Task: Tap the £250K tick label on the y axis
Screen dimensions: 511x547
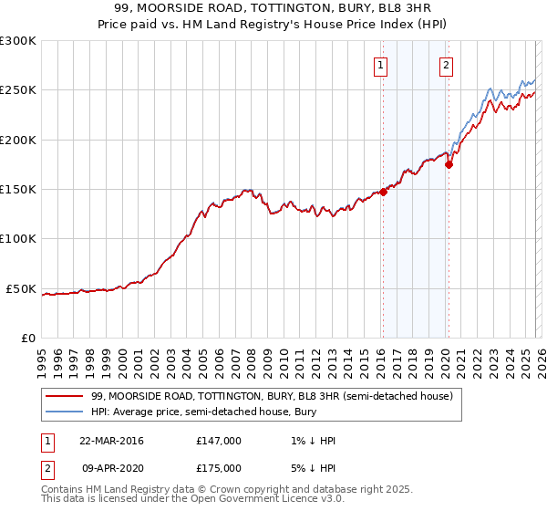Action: point(18,90)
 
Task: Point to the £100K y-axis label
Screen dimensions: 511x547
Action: point(18,239)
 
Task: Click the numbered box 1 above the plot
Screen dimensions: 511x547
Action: point(380,65)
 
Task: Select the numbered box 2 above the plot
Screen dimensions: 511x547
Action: point(447,65)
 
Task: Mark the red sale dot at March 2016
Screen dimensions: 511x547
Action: point(383,192)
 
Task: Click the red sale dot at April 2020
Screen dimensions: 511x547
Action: point(449,165)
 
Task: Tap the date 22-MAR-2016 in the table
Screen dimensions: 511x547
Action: point(111,441)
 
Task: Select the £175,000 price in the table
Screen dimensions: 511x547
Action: point(219,468)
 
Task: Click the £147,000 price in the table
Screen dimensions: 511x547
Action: point(219,441)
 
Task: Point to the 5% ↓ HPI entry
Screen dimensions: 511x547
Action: point(312,468)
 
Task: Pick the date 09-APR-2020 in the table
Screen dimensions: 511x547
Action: point(111,468)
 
